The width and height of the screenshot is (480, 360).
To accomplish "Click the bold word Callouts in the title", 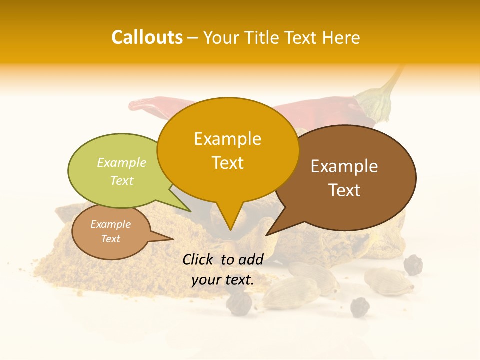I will click(147, 37).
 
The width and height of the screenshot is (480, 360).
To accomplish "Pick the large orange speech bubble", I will click(228, 150).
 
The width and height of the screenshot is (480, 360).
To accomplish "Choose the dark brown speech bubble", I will click(345, 177).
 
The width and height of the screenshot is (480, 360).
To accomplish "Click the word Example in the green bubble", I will click(122, 162).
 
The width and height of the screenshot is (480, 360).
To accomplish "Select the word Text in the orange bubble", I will click(228, 163).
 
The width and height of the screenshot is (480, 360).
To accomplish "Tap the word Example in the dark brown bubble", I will click(344, 166).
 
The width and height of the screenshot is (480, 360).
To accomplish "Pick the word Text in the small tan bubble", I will click(111, 239).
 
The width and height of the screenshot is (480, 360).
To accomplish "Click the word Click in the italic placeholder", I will click(199, 259).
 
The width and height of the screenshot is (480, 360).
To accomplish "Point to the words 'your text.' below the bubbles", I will click(222, 280).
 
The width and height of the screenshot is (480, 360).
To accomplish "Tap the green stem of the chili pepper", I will click(380, 100).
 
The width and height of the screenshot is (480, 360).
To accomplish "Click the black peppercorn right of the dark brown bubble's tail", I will click(413, 265).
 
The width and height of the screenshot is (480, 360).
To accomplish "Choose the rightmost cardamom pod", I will click(388, 281).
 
